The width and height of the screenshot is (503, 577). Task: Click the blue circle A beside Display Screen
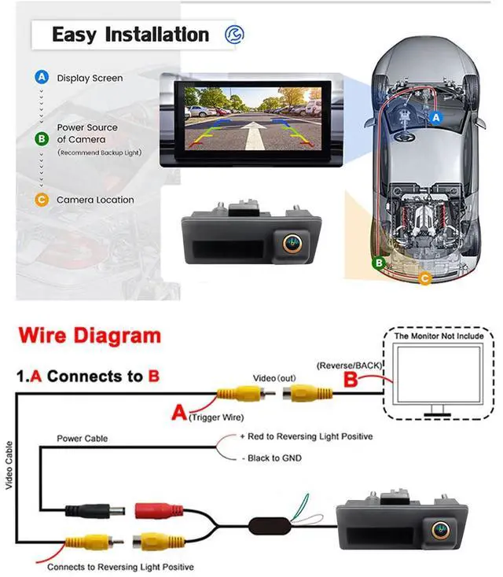(x=42, y=78)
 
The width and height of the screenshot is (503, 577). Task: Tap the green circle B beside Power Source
(x=42, y=139)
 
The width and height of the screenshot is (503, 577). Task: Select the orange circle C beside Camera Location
(x=42, y=200)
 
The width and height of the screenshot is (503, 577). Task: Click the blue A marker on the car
(x=438, y=116)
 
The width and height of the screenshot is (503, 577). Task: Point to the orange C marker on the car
(x=425, y=277)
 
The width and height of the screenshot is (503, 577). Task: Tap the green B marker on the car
(x=379, y=263)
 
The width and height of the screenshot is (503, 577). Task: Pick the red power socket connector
(x=159, y=511)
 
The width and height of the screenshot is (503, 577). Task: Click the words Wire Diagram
(x=89, y=337)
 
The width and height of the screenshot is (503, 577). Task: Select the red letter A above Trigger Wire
(x=179, y=411)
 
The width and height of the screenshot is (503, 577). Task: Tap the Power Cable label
(x=82, y=438)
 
